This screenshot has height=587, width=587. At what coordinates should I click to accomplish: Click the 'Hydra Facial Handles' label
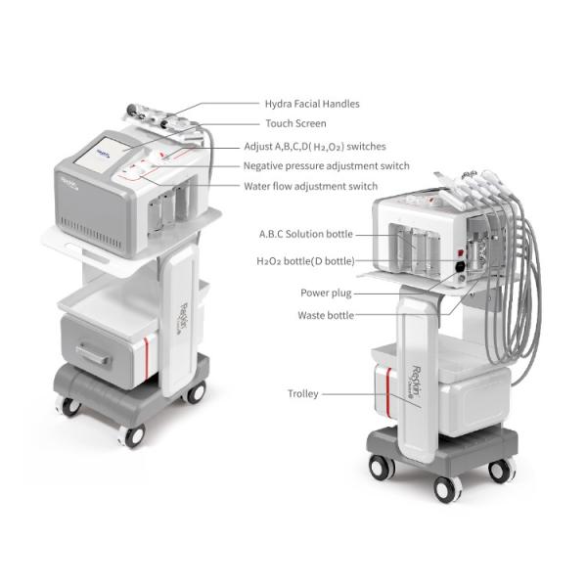point(311,104)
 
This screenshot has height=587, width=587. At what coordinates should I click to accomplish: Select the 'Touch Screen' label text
point(295,124)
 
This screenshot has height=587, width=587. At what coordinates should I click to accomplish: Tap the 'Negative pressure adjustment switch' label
point(326,166)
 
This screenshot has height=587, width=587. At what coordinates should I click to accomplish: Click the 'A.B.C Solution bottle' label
point(305,235)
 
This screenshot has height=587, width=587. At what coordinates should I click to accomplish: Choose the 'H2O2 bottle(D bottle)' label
point(305,261)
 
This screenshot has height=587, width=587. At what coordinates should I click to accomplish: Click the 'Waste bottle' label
point(326,315)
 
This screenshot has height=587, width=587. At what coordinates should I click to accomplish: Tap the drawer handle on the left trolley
point(93,353)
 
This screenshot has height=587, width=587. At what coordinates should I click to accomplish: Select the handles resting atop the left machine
point(155,117)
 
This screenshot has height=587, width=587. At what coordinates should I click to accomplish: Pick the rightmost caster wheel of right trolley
point(501,470)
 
